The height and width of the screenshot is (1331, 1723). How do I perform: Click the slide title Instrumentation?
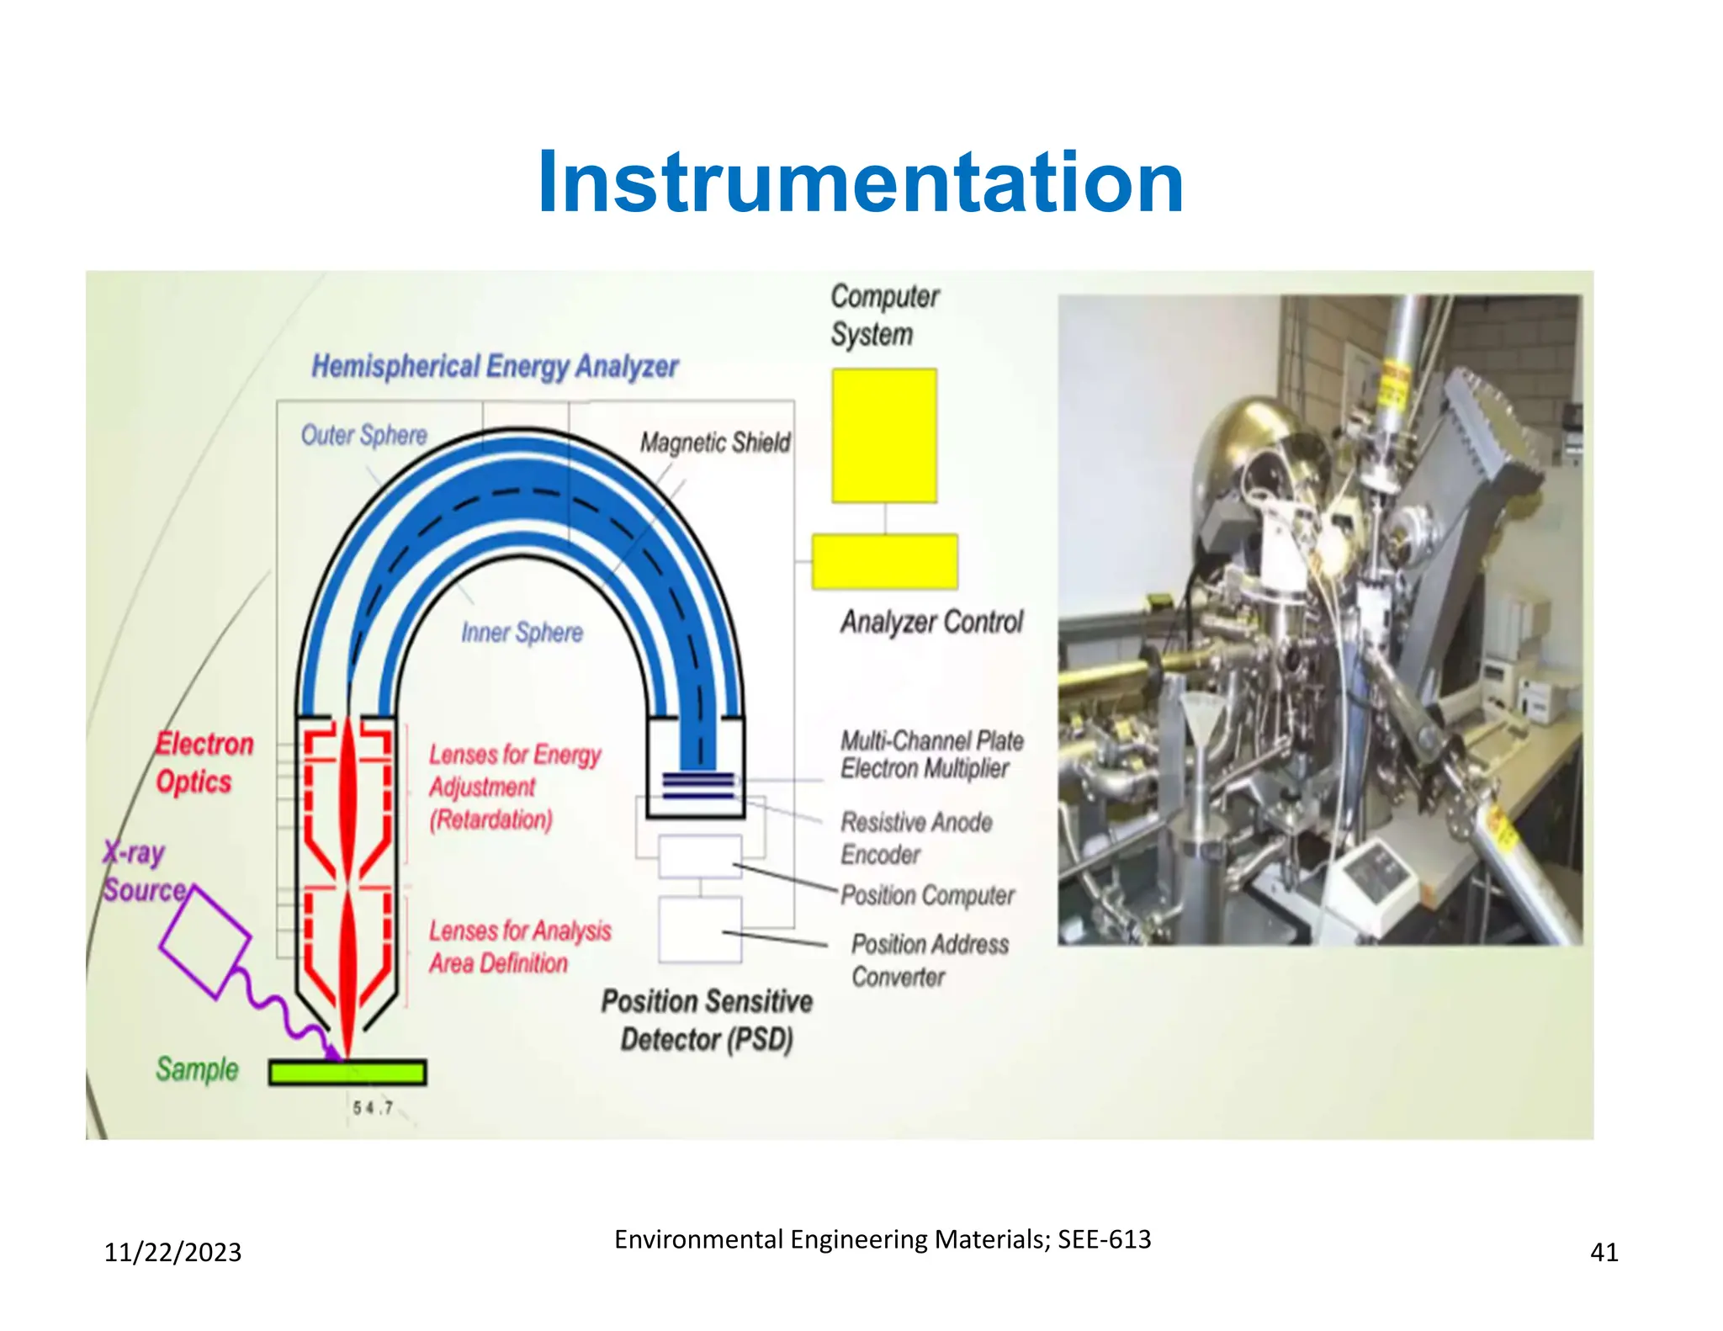(x=861, y=183)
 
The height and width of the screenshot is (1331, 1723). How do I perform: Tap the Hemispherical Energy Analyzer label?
(x=495, y=367)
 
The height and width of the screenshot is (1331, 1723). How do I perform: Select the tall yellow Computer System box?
(x=884, y=436)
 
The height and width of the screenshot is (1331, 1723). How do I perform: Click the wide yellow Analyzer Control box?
(x=884, y=561)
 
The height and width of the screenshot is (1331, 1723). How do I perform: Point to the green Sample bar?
(x=347, y=1073)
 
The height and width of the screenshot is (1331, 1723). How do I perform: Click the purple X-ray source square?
(x=204, y=942)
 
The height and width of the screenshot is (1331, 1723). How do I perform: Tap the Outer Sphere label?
(x=364, y=435)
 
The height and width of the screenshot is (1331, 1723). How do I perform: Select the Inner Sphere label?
(x=522, y=633)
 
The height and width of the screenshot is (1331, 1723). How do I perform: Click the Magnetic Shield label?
(x=715, y=443)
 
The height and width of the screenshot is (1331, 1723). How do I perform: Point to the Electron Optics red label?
(x=204, y=763)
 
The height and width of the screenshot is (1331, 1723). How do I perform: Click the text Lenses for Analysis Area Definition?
(x=519, y=947)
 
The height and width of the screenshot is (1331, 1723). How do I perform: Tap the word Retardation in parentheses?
(x=491, y=819)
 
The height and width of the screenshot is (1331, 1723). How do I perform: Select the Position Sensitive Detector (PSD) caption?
(x=707, y=1020)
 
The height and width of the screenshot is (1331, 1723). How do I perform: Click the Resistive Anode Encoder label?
(x=916, y=838)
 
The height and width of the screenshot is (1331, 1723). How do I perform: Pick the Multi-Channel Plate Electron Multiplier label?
(x=931, y=755)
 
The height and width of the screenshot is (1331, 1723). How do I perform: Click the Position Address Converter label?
(x=929, y=960)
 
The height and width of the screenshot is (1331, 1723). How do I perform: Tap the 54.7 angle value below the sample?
(x=373, y=1108)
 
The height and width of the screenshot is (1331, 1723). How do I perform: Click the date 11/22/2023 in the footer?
(x=172, y=1253)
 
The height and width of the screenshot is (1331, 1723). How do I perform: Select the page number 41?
(x=1604, y=1253)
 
